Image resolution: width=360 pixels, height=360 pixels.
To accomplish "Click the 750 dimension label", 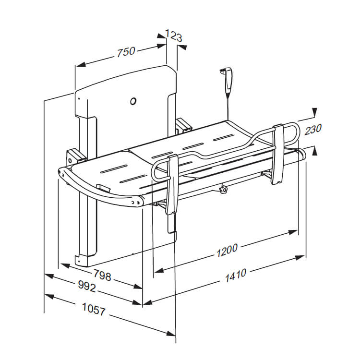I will pos(126,52).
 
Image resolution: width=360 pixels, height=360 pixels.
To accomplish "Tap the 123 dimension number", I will pos(173,35).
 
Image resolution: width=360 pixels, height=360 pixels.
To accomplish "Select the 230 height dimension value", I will pos(312,129).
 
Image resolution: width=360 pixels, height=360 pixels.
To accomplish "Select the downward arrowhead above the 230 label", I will pos(314,113).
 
